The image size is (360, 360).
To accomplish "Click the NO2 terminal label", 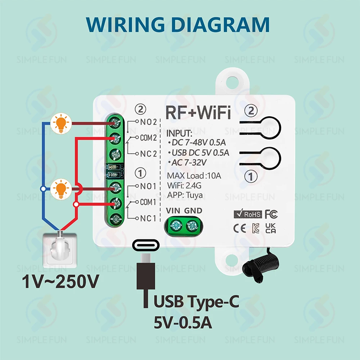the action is pyautogui.click(x=149, y=122).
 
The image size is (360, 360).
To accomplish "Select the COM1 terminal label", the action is pyautogui.click(x=148, y=202).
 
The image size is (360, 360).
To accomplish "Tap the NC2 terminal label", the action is pyautogui.click(x=149, y=154).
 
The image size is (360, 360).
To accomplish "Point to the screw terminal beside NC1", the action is pyautogui.click(x=116, y=219).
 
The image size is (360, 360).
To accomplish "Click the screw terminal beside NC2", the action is pyautogui.click(x=116, y=154).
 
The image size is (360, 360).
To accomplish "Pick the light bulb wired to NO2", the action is pyautogui.click(x=61, y=123).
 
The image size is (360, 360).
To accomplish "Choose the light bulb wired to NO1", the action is pyautogui.click(x=61, y=189).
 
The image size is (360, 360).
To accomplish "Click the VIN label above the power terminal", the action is pyautogui.click(x=173, y=211).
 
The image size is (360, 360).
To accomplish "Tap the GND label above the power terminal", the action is pyautogui.click(x=193, y=211).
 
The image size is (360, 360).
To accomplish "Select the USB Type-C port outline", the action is pyautogui.click(x=146, y=246).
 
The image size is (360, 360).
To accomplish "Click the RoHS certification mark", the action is pyautogui.click(x=248, y=214).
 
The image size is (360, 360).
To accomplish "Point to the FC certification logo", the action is pyautogui.click(x=271, y=214).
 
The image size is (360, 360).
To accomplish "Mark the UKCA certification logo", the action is pyautogui.click(x=270, y=228).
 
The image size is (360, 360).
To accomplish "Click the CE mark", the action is pyautogui.click(x=239, y=229).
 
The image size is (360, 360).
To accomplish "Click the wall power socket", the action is pyautogui.click(x=60, y=250).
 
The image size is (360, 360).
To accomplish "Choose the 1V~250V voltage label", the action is pyautogui.click(x=60, y=282).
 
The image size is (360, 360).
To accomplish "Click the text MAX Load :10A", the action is pyautogui.click(x=194, y=176).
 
